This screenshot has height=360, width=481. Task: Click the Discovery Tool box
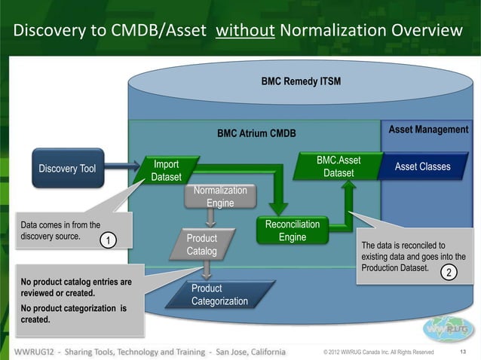point(67,168)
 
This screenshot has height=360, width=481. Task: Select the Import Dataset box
point(166,171)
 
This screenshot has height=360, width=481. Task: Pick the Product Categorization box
point(218,295)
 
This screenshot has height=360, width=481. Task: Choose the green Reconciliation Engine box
point(293,231)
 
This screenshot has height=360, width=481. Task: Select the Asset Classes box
point(423,166)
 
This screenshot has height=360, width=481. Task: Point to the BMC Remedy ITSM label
point(300,80)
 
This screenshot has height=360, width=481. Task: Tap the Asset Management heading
point(428,130)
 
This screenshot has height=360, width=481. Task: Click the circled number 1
point(109,241)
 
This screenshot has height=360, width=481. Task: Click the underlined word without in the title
point(239,31)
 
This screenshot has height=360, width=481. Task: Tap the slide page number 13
point(464,352)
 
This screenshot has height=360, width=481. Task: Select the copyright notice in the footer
point(378,352)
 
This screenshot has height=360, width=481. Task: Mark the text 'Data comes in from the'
point(60,224)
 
